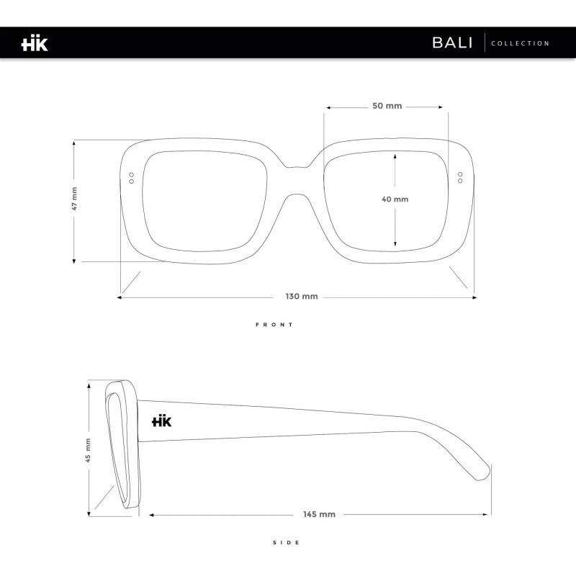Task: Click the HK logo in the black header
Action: pos(35,43)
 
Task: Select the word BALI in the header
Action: pos(452,42)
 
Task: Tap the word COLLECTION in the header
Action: pos(520,43)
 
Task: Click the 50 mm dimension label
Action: pos(387,106)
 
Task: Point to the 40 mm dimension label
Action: pos(395,199)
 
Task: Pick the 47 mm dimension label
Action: pos(74,199)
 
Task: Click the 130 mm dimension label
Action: pos(302,297)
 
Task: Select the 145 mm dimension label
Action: pos(319,514)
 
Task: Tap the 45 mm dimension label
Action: pos(88,450)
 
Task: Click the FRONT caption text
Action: pos(274,325)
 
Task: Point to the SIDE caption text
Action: pos(287,543)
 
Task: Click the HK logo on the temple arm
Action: pos(161,421)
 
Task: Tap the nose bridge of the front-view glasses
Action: pos(297,181)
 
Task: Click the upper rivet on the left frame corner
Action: pos(132,175)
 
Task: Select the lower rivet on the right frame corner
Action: pos(460,181)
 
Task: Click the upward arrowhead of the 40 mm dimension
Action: pos(395,156)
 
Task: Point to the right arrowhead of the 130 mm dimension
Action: pos(474,297)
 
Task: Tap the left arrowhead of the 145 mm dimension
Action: pos(151,515)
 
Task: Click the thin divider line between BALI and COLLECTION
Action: pos(485,42)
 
